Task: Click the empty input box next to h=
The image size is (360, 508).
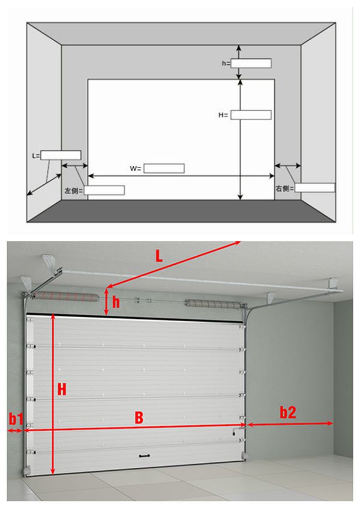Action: (251, 64)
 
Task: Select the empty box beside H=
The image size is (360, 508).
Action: (251, 115)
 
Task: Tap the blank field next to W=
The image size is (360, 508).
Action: (164, 169)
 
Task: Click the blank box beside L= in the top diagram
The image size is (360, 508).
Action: (61, 155)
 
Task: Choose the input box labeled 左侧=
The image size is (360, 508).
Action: (104, 190)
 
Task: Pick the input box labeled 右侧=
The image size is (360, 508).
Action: (314, 187)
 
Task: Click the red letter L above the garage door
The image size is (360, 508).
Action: (158, 256)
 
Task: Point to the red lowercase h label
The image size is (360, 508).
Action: (116, 302)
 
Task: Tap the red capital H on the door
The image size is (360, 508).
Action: (62, 389)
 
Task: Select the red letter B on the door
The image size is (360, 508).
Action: (139, 417)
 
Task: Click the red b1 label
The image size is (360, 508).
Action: (16, 419)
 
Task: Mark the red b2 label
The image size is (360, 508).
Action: (288, 413)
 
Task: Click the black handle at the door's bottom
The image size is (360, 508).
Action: (145, 456)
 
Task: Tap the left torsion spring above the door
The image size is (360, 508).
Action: (66, 296)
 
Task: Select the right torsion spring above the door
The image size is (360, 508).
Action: (213, 304)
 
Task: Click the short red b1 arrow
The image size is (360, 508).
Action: (14, 431)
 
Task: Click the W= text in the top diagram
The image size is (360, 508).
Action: (136, 169)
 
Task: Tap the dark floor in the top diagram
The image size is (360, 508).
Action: (181, 211)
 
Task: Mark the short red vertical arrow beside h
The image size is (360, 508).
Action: (107, 302)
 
